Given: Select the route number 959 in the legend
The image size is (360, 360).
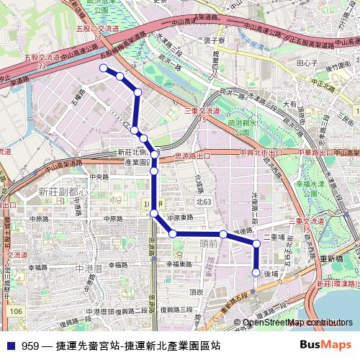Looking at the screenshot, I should [31, 346].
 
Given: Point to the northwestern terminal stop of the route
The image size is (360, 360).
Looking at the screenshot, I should [103, 68].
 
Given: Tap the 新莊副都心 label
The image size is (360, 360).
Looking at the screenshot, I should [63, 192].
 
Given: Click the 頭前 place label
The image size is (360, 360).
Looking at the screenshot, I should [207, 244].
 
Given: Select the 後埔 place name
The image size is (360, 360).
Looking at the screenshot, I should [271, 274].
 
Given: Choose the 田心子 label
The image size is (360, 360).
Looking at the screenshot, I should [307, 63].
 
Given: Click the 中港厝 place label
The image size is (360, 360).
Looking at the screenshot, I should [90, 267].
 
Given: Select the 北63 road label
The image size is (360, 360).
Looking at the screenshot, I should [206, 202].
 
